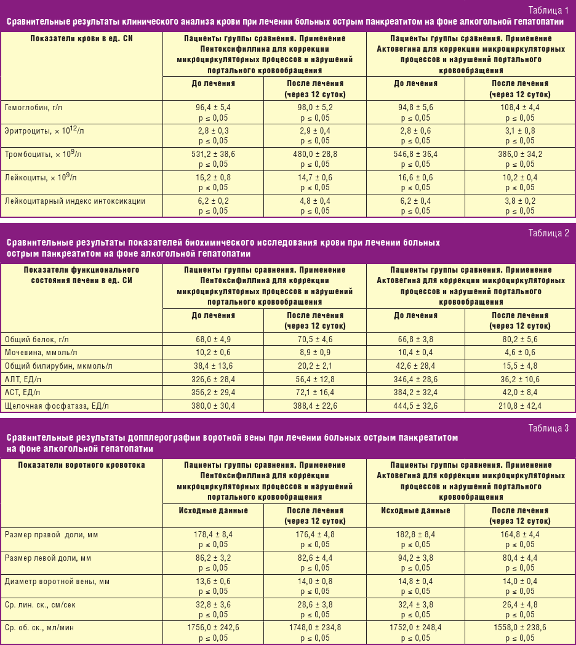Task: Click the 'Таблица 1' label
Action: [x=549, y=10]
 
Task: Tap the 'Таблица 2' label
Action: [x=549, y=232]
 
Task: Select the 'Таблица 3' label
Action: [x=549, y=428]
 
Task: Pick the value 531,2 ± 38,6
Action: [x=213, y=154]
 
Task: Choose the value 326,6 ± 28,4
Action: [x=213, y=379]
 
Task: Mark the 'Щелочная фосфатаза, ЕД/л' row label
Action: [x=57, y=406]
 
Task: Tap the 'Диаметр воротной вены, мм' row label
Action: [x=57, y=581]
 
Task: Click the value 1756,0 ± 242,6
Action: [x=213, y=628]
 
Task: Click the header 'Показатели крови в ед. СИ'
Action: [x=82, y=38]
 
